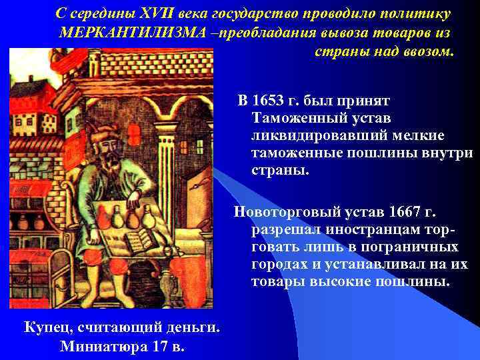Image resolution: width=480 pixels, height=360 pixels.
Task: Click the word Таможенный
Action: click(x=296, y=118)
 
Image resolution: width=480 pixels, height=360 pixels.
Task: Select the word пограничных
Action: click(x=410, y=247)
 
